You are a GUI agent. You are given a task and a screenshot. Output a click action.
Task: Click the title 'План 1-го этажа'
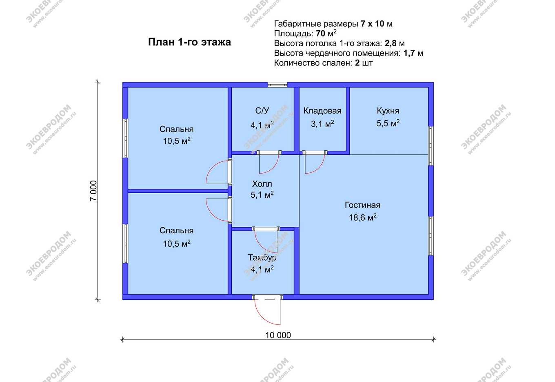189,42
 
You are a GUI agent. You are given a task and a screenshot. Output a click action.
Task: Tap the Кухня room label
388,111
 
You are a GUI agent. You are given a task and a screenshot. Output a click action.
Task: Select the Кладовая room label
322,111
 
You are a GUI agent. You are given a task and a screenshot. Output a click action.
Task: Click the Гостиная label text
362,205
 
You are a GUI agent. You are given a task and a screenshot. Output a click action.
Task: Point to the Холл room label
262,184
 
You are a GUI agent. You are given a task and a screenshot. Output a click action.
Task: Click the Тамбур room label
262,258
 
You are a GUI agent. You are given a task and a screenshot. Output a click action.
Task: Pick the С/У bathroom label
262,111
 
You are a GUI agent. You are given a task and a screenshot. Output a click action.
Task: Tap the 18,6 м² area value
363,217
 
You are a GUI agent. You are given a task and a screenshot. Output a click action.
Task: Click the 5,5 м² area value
388,123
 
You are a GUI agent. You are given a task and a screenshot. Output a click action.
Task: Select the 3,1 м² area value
322,123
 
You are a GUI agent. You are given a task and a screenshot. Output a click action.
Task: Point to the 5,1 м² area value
262,195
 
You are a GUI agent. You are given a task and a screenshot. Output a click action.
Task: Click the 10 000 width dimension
278,335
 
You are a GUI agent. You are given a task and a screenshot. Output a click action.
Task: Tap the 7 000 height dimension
94,191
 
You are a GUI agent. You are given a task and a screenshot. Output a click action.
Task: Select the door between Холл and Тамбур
266,240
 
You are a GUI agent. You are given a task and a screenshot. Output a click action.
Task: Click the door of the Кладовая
315,162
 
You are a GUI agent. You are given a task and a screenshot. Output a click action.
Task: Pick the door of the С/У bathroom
269,162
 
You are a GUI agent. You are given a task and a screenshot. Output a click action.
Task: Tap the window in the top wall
277,85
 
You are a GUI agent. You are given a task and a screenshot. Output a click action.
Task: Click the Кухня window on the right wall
431,146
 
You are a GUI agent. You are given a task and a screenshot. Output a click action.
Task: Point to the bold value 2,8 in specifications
390,43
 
